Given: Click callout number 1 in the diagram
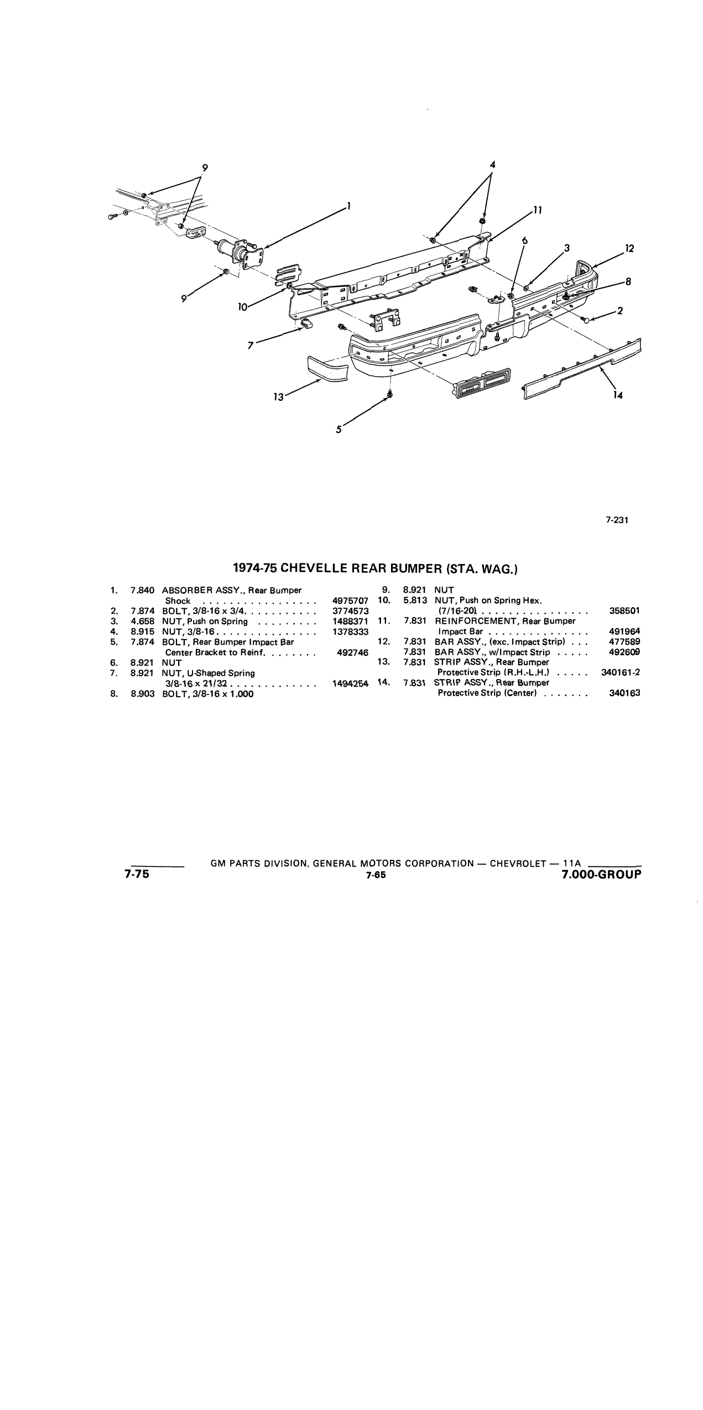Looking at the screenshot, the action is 348,206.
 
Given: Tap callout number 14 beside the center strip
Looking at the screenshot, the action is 618,395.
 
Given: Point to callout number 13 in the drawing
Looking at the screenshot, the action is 278,396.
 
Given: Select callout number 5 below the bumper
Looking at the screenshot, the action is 339,429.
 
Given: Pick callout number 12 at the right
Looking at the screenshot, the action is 629,248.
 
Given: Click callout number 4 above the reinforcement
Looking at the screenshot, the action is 492,164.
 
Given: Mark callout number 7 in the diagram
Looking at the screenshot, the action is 251,346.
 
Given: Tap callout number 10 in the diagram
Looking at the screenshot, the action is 242,307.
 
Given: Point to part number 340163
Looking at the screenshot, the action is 624,693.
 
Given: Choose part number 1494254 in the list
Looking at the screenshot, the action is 350,683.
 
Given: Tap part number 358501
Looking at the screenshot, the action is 624,611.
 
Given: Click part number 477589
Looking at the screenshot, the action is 624,641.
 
